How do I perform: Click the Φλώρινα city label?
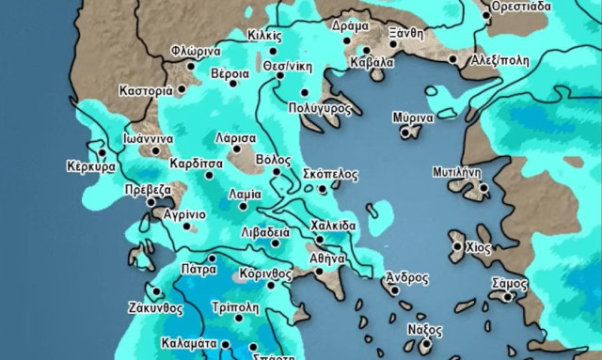click(195, 51)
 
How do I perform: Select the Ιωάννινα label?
click(148, 137)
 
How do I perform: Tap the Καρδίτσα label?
click(197, 162)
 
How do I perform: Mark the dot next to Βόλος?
click(277, 172)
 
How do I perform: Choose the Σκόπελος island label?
click(332, 175)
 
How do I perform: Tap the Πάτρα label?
click(199, 269)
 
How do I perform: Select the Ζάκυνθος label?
click(153, 306)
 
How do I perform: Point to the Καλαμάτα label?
click(190, 343)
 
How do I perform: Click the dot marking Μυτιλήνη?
click(483, 187)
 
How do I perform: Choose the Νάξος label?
click(424, 330)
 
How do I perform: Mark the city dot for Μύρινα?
click(405, 133)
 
